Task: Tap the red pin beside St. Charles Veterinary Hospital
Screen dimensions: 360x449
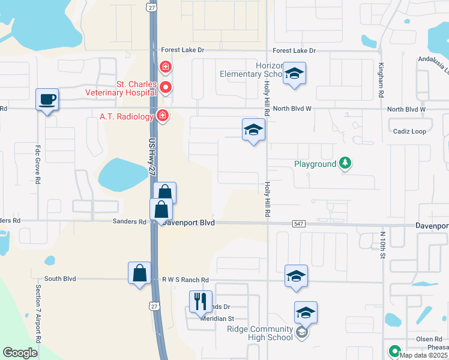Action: [165, 88]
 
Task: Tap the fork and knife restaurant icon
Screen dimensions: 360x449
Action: [200, 301]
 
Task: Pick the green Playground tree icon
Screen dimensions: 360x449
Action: [345, 163]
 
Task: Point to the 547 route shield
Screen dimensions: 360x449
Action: [299, 223]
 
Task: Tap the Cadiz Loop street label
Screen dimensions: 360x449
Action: [409, 131]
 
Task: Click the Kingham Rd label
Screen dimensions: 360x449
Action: [381, 80]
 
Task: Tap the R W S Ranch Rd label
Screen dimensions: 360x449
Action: [185, 280]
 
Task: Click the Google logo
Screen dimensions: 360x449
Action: [20, 353]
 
